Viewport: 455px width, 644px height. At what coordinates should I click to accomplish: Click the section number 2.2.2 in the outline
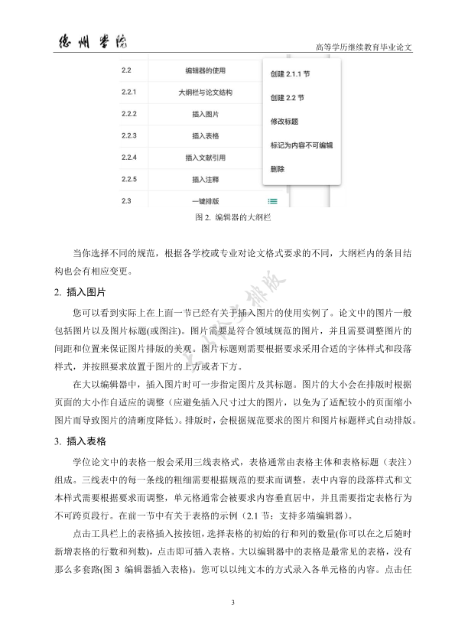(128, 114)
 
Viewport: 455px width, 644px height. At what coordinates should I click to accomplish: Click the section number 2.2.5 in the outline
(128, 180)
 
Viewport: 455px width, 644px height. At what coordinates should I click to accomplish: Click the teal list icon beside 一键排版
(273, 201)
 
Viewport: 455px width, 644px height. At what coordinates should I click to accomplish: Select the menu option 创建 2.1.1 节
(290, 75)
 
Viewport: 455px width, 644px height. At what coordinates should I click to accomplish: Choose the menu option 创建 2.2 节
(287, 98)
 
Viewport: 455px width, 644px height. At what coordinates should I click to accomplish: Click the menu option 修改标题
(284, 121)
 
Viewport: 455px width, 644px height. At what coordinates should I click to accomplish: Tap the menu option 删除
(278, 168)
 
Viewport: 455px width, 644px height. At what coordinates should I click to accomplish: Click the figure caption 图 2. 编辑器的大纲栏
(228, 217)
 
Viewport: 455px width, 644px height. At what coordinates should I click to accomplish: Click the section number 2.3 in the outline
(126, 201)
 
